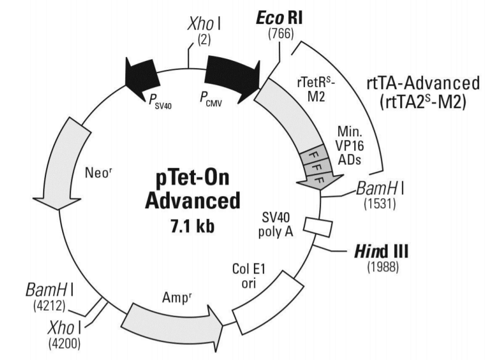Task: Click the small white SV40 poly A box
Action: (x=319, y=228)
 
